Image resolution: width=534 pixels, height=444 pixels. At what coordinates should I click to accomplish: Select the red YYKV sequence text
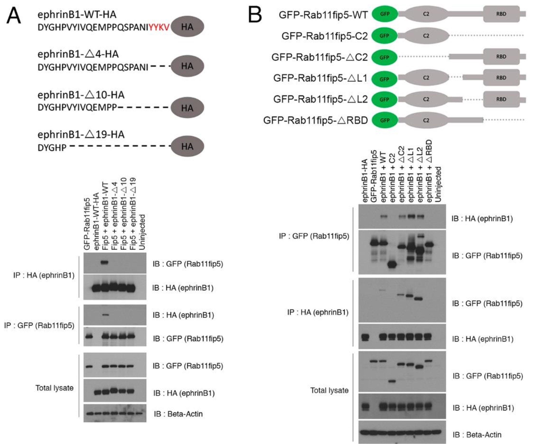159,27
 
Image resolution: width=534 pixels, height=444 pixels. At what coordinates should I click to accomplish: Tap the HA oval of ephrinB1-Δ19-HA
188,146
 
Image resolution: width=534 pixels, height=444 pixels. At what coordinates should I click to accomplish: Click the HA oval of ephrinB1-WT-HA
188,27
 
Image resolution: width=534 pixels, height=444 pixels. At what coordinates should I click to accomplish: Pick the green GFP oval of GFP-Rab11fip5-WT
385,14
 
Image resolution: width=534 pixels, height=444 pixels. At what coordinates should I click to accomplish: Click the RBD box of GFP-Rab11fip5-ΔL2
501,99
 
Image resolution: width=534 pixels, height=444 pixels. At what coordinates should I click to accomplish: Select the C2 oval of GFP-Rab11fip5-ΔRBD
426,120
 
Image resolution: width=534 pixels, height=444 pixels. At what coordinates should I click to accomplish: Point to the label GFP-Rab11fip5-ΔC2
320,57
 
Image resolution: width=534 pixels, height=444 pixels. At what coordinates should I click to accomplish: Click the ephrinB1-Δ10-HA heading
81,95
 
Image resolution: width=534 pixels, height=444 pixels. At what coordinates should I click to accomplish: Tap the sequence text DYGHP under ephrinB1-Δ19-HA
52,148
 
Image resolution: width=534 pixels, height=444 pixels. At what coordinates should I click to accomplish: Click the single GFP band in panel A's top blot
105,262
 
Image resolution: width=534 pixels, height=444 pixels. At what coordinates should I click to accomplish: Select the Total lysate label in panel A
54,388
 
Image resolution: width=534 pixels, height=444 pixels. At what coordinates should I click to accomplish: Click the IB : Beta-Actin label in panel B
477,435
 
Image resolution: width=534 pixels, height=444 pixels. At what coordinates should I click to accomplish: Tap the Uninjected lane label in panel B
438,184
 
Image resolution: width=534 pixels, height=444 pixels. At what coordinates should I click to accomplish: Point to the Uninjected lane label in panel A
142,232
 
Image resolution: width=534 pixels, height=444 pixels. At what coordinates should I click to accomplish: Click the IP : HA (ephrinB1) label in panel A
44,275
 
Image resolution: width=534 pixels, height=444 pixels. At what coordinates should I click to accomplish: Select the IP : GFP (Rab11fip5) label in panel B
314,236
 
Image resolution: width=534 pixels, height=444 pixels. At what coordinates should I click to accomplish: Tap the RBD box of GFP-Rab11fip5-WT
501,14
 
